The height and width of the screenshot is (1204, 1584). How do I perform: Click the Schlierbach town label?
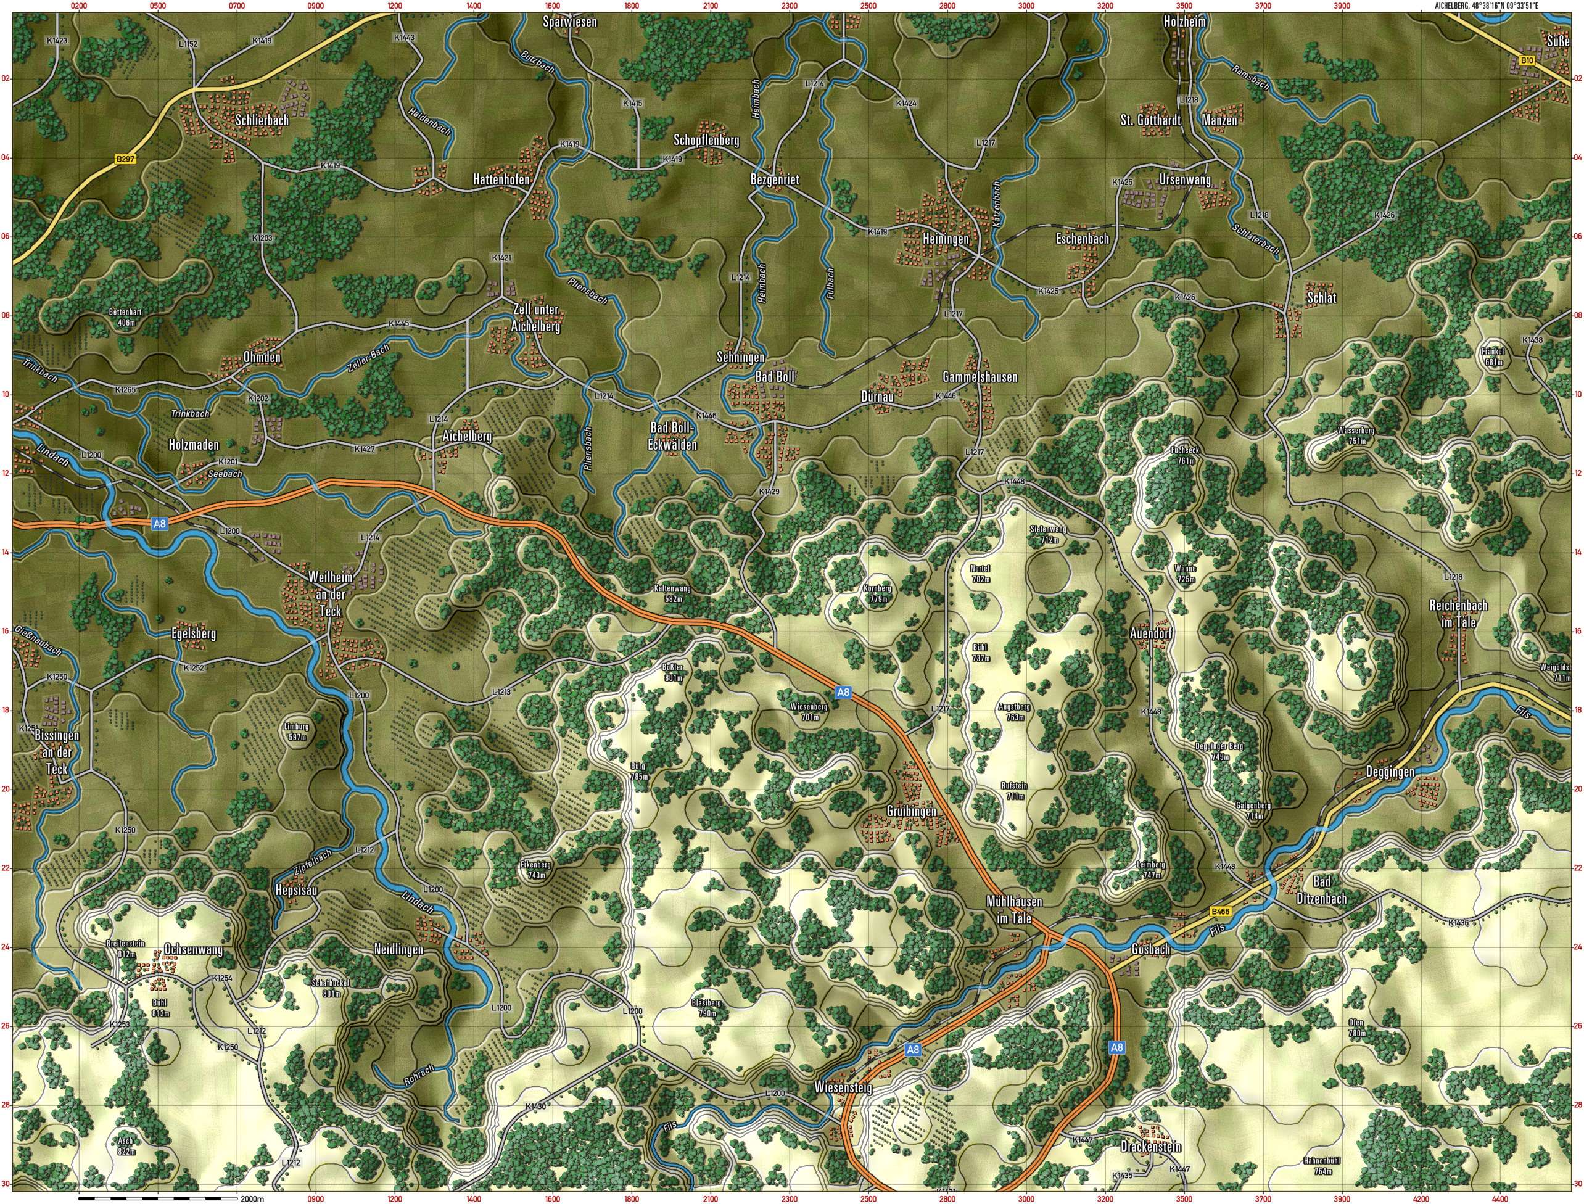tap(262, 120)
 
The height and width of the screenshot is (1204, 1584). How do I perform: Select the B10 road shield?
tap(1526, 62)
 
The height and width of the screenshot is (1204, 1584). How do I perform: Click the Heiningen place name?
tap(946, 239)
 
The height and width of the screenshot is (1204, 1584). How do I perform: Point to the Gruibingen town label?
tap(912, 810)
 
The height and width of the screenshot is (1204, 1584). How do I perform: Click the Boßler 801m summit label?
tap(673, 672)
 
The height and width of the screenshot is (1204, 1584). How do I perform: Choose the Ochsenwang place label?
tap(194, 950)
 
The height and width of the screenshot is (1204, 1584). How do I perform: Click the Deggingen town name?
tap(1390, 772)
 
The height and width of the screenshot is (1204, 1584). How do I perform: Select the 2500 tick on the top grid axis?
tap(868, 6)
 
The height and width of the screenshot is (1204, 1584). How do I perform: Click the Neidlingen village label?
tap(398, 950)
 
